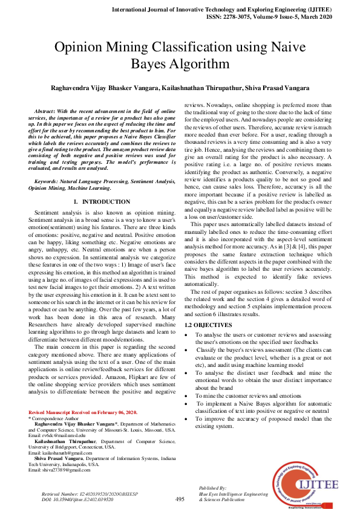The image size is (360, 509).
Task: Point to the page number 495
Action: (x=180, y=499)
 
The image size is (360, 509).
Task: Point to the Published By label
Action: (x=212, y=488)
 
